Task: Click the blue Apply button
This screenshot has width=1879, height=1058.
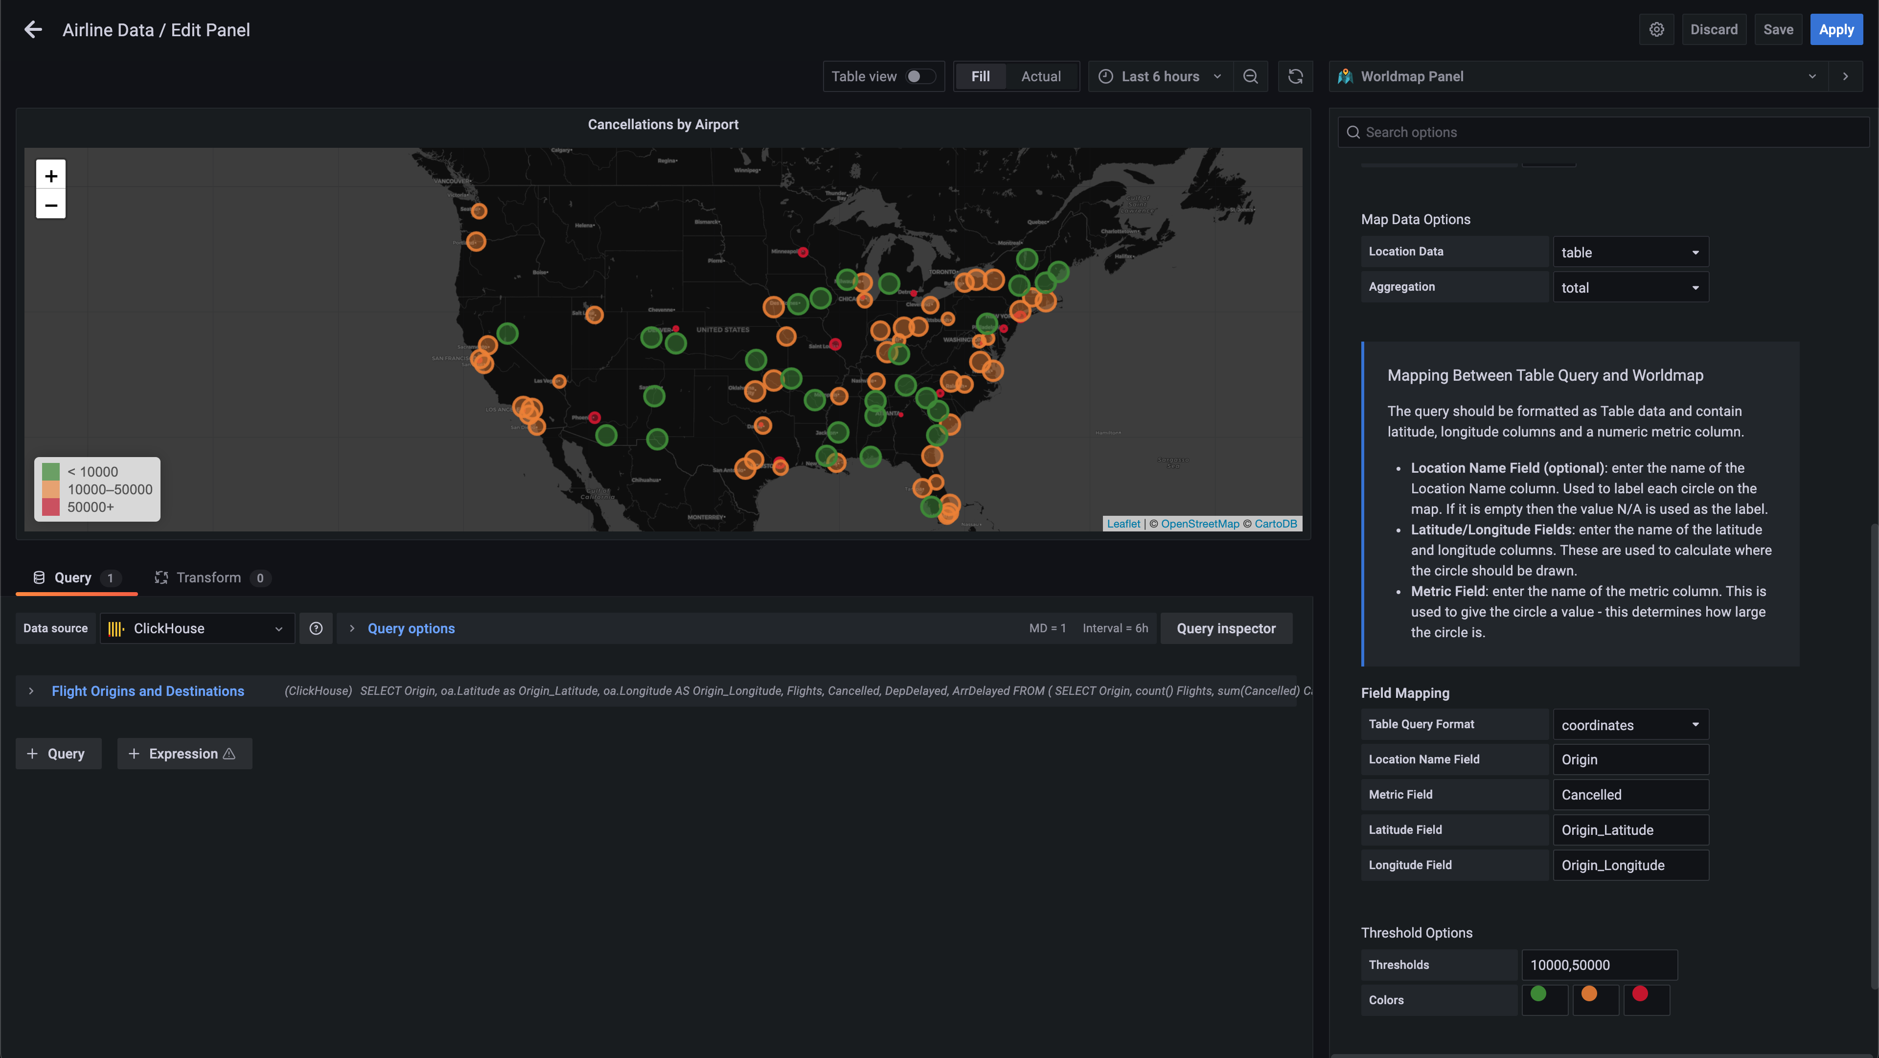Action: coord(1835,30)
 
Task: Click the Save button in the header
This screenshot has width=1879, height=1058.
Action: coord(1778,30)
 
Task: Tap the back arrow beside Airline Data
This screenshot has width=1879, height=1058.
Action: coord(33,30)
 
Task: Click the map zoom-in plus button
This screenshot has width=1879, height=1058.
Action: coord(51,176)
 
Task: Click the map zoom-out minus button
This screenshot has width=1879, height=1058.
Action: coord(51,205)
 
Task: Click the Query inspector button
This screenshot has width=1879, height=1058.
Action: coord(1225,628)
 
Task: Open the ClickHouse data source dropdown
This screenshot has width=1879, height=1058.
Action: coord(197,628)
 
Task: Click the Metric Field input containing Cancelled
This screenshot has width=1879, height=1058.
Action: coord(1629,795)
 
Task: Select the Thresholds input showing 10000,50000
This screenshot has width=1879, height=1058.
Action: coord(1598,965)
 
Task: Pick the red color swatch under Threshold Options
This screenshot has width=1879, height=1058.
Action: coord(1640,994)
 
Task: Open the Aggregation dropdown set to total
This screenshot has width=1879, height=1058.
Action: coord(1629,287)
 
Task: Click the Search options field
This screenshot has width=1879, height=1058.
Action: coord(1605,132)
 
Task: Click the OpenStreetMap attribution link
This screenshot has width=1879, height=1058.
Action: coord(1200,524)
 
